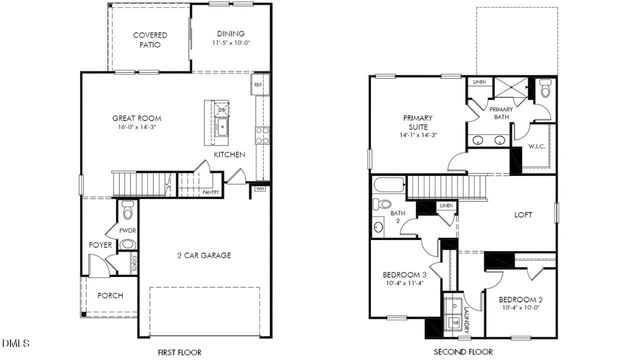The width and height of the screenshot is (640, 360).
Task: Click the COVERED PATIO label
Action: (151, 40)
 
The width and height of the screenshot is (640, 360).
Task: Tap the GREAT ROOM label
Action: (136, 119)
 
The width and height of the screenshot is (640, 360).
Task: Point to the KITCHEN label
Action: (229, 155)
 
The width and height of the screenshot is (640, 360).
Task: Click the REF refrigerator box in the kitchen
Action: (259, 86)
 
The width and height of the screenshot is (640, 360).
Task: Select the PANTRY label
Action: (211, 192)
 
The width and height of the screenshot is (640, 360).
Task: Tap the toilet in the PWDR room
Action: (127, 211)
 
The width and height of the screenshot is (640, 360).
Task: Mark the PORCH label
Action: (110, 297)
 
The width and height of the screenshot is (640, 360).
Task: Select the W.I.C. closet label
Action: (536, 147)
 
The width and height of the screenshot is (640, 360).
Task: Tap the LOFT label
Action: (522, 214)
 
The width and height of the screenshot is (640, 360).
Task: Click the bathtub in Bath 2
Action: (389, 185)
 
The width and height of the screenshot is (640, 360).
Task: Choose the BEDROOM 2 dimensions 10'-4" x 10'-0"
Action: (520, 308)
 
